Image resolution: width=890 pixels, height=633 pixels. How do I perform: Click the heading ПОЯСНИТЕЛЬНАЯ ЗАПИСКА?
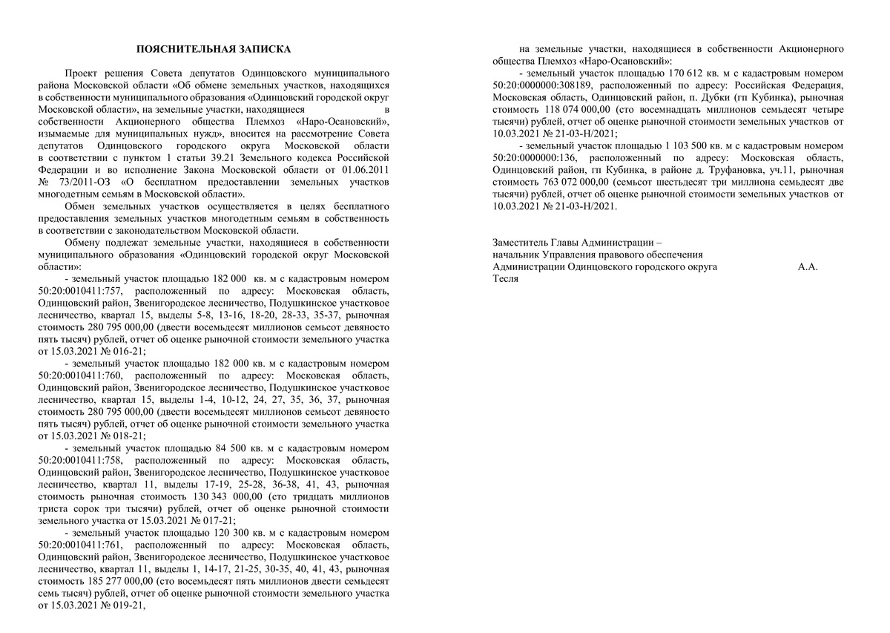tap(214, 49)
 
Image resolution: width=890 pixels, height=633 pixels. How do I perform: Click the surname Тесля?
tap(506, 278)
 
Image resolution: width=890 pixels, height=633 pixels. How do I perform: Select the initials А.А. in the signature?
tap(808, 266)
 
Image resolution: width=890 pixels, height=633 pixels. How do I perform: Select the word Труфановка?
tap(720, 170)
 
